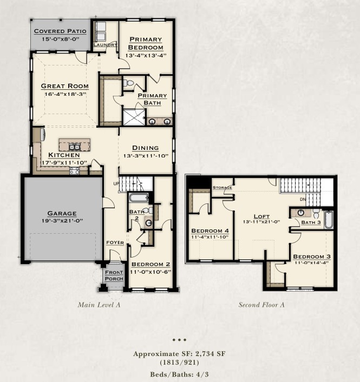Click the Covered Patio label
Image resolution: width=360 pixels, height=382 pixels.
[x=60, y=31]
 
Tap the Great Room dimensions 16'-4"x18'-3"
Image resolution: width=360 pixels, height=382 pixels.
[x=66, y=94]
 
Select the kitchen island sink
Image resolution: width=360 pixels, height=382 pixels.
[x=75, y=147]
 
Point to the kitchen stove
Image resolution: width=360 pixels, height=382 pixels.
[x=74, y=171]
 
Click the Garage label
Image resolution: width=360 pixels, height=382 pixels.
[x=62, y=213]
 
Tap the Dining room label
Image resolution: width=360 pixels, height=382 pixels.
[x=145, y=148]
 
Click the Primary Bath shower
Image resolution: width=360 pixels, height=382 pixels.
[x=134, y=117]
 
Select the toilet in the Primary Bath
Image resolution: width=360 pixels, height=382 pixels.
[x=128, y=83]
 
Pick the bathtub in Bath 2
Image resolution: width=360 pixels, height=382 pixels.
[x=139, y=197]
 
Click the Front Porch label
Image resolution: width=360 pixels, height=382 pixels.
[x=114, y=275]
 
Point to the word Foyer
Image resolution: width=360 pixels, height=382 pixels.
[x=115, y=242]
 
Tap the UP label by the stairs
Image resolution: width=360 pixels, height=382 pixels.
[x=116, y=183]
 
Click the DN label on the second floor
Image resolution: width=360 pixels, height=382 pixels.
[x=303, y=199]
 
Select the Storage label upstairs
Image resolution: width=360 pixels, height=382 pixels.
[x=222, y=188]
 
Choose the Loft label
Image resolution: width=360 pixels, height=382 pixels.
[x=261, y=216]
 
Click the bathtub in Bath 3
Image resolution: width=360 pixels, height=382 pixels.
[x=328, y=220]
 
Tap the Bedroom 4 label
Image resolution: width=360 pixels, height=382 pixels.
[x=210, y=230]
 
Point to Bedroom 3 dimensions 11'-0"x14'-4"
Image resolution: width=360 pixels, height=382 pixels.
[x=312, y=262]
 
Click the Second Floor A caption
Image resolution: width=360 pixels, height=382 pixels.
[x=261, y=305]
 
